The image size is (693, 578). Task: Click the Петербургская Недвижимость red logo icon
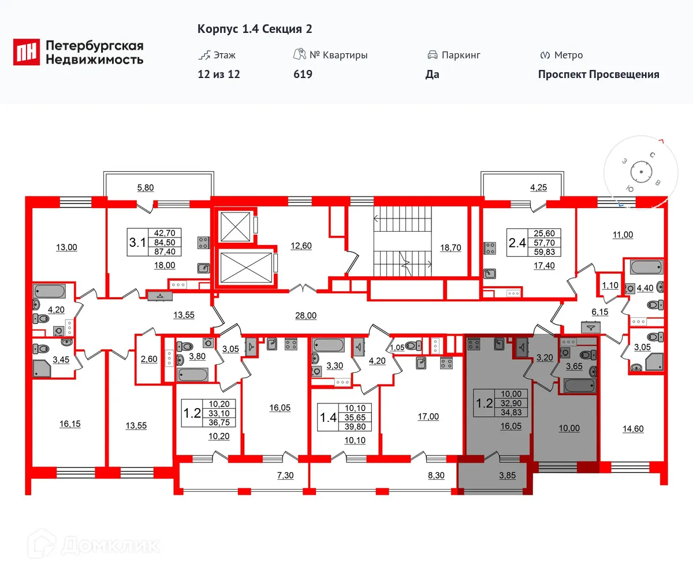(x=27, y=52)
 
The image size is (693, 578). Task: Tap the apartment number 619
(x=303, y=74)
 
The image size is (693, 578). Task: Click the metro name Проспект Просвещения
(x=598, y=74)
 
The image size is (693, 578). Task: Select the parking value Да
(x=432, y=74)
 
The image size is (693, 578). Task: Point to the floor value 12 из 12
(x=218, y=74)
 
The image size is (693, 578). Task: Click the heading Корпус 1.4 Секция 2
(x=255, y=29)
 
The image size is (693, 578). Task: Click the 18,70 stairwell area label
(x=450, y=247)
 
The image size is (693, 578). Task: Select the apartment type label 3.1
(x=137, y=242)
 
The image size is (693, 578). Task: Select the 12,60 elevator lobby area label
(x=300, y=246)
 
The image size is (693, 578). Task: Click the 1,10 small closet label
(x=609, y=285)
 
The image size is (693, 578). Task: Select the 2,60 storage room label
(x=148, y=358)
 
